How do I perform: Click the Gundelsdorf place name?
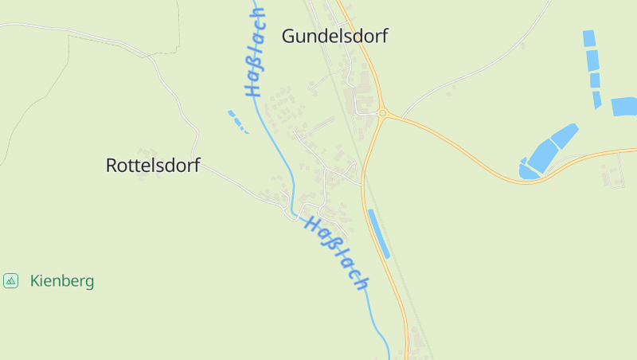(x=334, y=37)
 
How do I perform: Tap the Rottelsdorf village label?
(x=153, y=166)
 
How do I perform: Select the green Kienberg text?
(x=62, y=281)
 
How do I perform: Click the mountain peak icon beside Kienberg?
(x=10, y=280)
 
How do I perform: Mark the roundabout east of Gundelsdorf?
(x=383, y=114)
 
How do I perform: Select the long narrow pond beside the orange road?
(x=378, y=233)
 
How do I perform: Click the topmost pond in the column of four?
(x=589, y=38)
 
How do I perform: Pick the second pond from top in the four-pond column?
(x=592, y=60)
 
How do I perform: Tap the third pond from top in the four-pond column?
(x=595, y=80)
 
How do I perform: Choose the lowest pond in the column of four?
(x=597, y=100)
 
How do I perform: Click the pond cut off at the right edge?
(x=624, y=107)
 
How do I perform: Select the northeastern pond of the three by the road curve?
(x=565, y=135)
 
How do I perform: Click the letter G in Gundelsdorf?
(x=289, y=37)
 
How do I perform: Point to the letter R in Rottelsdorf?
(x=111, y=166)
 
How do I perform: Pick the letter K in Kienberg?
(x=35, y=281)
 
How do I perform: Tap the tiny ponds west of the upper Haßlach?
(x=236, y=119)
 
